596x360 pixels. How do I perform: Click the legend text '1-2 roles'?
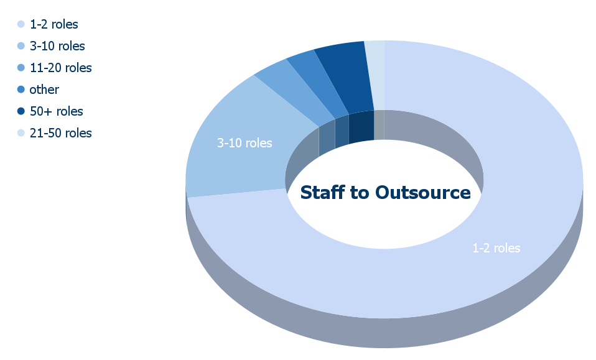pyautogui.click(x=54, y=24)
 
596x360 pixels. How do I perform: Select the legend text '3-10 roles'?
pyautogui.click(x=57, y=46)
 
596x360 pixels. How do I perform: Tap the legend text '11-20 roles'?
pyautogui.click(x=61, y=68)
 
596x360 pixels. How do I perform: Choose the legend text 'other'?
pyautogui.click(x=44, y=90)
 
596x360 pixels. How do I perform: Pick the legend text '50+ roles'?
pyautogui.click(x=56, y=111)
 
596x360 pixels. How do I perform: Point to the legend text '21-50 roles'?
pyautogui.click(x=61, y=133)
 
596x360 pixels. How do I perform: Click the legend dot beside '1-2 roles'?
pyautogui.click(x=21, y=24)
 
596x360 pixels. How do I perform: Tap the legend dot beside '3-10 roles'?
pyautogui.click(x=21, y=46)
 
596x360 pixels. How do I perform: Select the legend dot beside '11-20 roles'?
pyautogui.click(x=21, y=68)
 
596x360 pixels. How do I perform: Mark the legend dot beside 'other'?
pyautogui.click(x=21, y=90)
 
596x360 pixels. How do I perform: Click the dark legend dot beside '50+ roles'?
pyautogui.click(x=21, y=111)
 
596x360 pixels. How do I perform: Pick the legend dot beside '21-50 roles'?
pyautogui.click(x=21, y=133)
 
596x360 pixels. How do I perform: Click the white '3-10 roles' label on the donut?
pyautogui.click(x=244, y=143)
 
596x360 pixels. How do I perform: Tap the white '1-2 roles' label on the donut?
pyautogui.click(x=496, y=248)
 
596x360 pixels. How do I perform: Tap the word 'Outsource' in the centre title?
pyautogui.click(x=422, y=193)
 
